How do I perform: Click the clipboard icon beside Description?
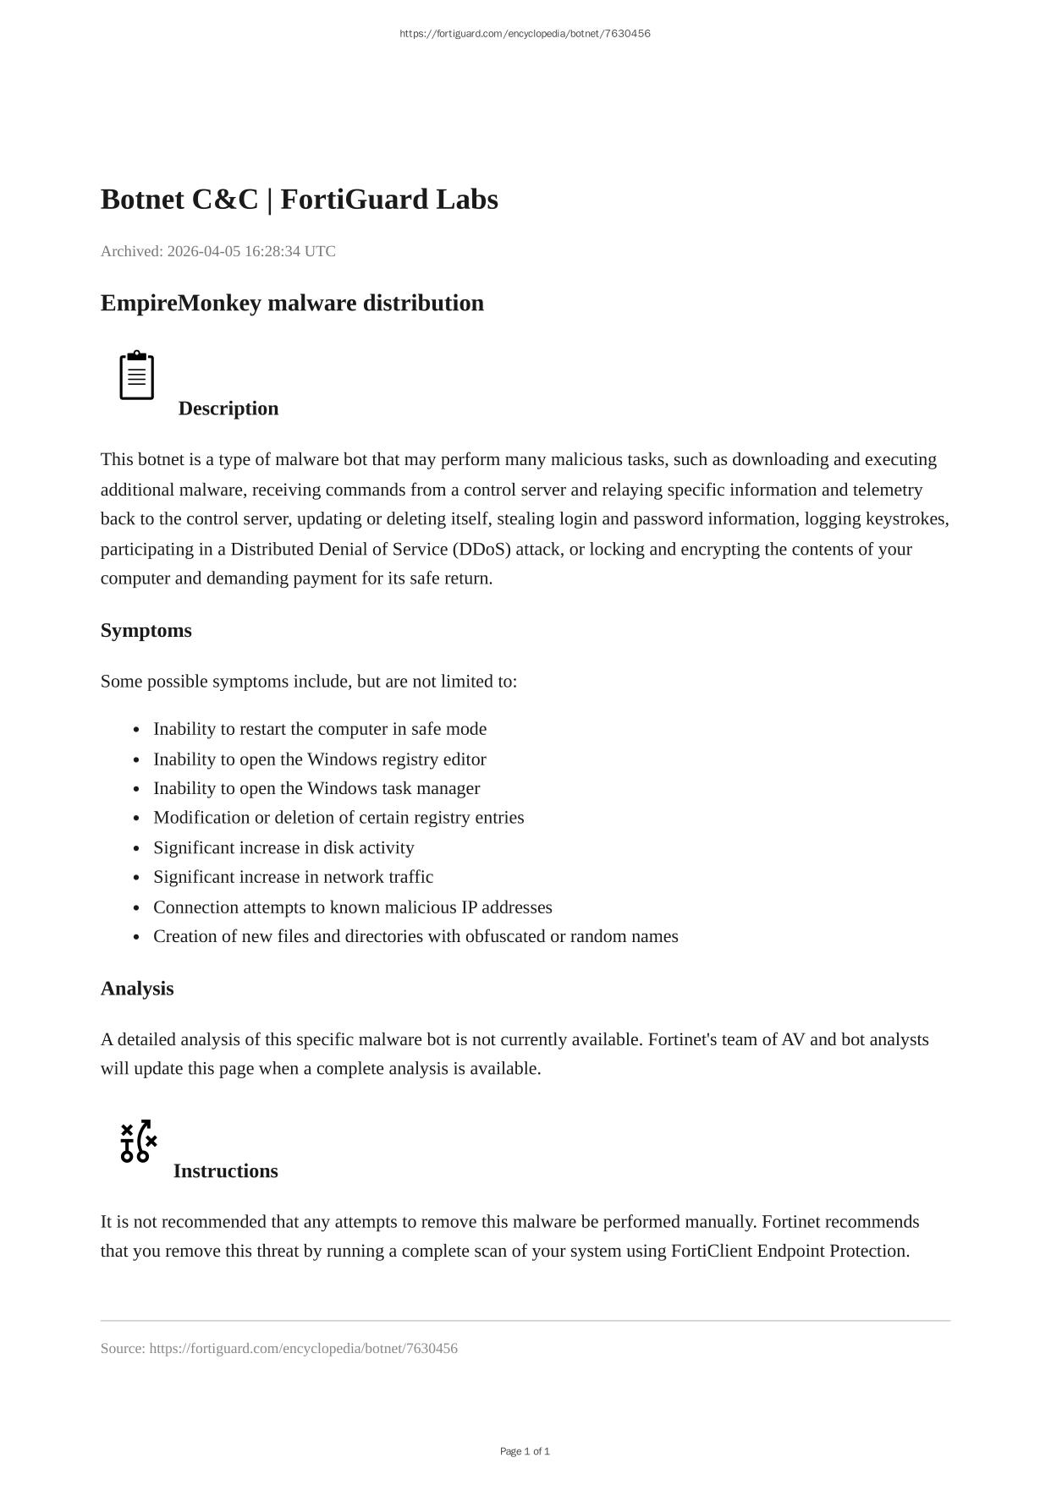coord(136,375)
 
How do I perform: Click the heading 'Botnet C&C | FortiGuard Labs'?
coord(299,200)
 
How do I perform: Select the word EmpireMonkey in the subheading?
coord(180,303)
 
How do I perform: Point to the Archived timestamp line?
coord(217,251)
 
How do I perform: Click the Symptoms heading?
coord(146,631)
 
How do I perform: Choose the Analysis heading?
coord(137,989)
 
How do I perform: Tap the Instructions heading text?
coord(225,1171)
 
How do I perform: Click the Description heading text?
coord(228,408)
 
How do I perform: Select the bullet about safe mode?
coord(319,729)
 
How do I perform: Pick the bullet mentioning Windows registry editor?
coord(319,759)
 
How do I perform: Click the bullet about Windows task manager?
coord(316,788)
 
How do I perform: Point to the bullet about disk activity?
coord(283,847)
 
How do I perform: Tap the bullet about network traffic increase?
coord(293,877)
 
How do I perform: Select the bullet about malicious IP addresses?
coord(352,907)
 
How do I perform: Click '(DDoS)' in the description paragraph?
coord(481,549)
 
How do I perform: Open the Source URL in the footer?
coord(303,1348)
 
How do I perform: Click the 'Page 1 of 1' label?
coord(525,1451)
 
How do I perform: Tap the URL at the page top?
coord(525,34)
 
